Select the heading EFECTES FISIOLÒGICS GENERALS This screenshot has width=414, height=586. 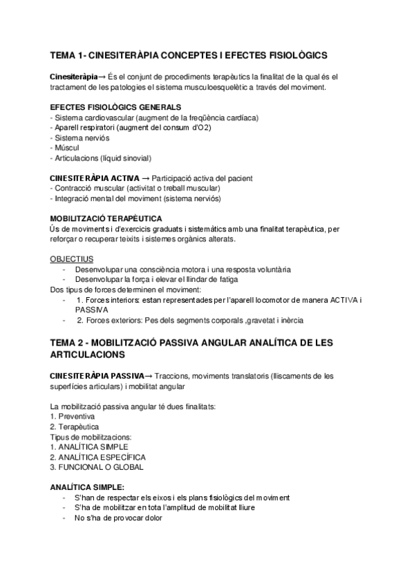pos(115,108)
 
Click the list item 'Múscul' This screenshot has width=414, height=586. pos(65,148)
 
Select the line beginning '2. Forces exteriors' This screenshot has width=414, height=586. pos(189,321)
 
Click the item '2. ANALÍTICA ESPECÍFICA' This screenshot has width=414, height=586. pos(97,457)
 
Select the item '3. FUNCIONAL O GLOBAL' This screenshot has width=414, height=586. pos(96,467)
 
